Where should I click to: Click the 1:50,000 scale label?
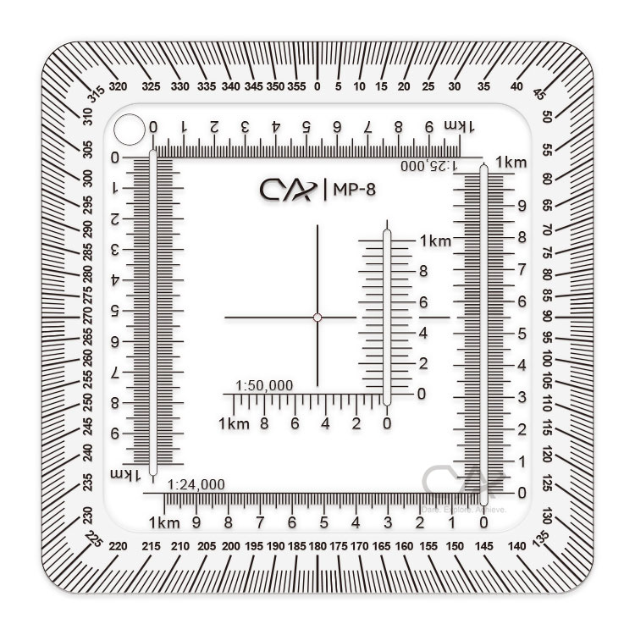(x=265, y=385)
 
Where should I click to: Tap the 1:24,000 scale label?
(x=196, y=485)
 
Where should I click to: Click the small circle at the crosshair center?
(x=317, y=317)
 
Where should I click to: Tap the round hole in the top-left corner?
(x=130, y=130)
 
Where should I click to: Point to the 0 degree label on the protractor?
(x=317, y=86)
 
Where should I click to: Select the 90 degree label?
(x=547, y=315)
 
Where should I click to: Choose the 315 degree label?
(x=95, y=94)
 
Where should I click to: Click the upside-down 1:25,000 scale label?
(x=430, y=166)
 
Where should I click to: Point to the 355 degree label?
(x=296, y=86)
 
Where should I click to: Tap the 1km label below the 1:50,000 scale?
(x=234, y=423)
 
